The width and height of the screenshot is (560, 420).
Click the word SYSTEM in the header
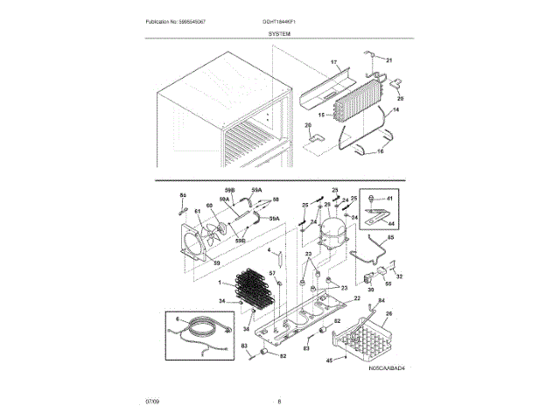coord(279,32)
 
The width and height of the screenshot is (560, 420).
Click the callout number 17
coord(333,63)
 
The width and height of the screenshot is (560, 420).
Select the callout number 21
coord(389,59)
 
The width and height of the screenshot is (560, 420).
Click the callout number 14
coord(395,110)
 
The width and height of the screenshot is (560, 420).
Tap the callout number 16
coord(379,151)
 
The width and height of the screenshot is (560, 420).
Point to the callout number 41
coord(389,199)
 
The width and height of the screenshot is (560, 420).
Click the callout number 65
coord(390,237)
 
